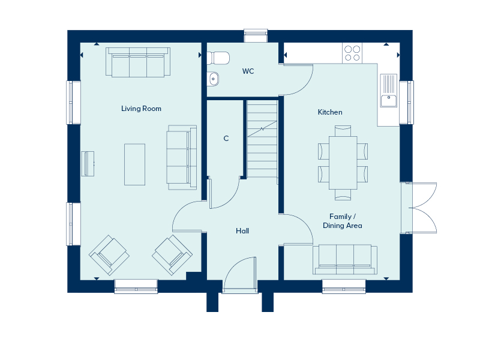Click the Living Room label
click(x=141, y=109)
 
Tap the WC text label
click(x=248, y=71)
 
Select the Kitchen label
click(x=330, y=112)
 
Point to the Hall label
click(x=242, y=231)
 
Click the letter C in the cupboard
click(x=226, y=139)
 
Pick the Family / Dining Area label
click(x=343, y=221)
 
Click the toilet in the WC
click(x=218, y=58)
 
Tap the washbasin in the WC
click(x=214, y=79)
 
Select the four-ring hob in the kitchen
click(x=352, y=53)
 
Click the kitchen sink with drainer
click(x=389, y=91)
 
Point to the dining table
click(x=343, y=163)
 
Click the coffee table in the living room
click(x=134, y=164)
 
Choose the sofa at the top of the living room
click(x=138, y=62)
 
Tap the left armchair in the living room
click(x=109, y=255)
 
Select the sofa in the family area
click(x=345, y=259)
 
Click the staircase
click(x=262, y=139)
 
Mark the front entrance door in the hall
click(x=240, y=274)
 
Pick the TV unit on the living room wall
click(x=88, y=164)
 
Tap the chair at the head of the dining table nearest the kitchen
click(x=343, y=131)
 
